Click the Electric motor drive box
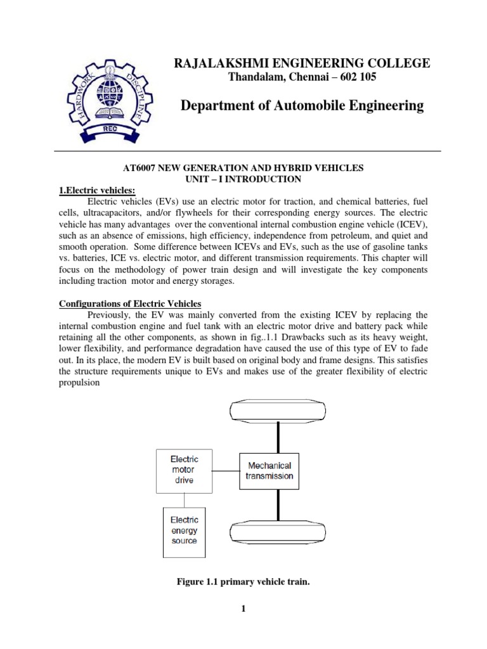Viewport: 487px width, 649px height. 185,470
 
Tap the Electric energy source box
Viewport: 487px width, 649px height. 184,531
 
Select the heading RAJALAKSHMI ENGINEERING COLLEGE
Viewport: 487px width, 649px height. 297,63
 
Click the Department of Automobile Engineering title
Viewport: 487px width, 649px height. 302,106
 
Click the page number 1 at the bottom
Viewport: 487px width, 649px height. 243,609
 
